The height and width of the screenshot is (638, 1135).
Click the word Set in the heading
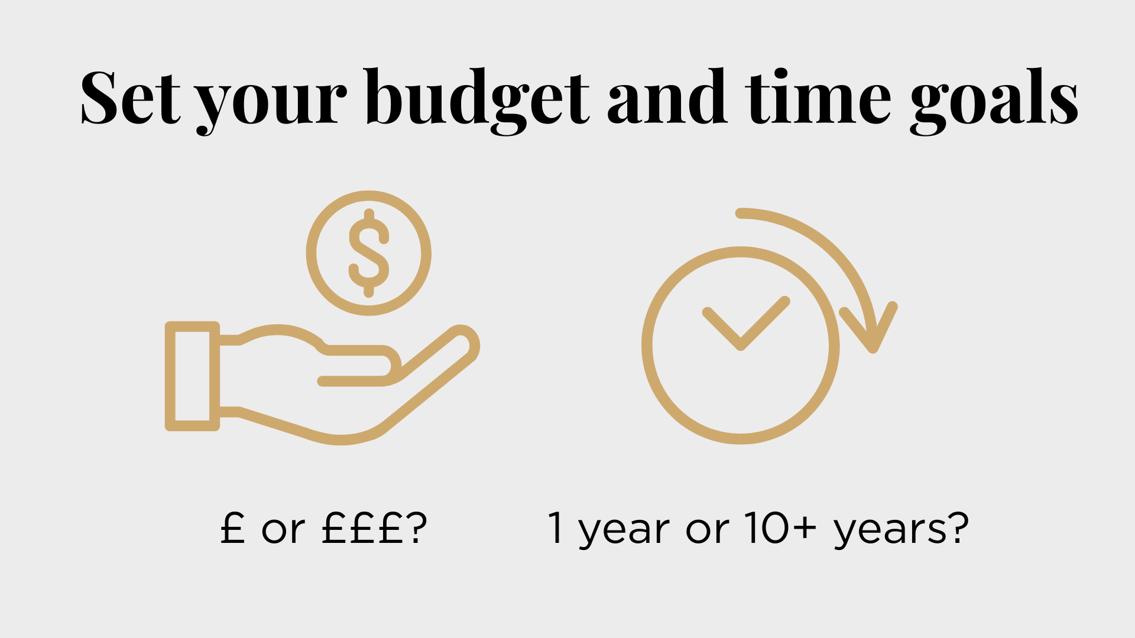[130, 97]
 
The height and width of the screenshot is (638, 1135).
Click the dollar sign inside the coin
[369, 253]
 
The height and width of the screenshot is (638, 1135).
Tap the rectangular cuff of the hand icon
[193, 376]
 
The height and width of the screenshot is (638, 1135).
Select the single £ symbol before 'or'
[232, 527]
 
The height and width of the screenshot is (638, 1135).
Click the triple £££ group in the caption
[361, 527]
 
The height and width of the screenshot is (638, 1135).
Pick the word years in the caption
[891, 531]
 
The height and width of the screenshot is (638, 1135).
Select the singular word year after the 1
[624, 531]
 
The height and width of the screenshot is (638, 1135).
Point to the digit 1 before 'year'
[555, 527]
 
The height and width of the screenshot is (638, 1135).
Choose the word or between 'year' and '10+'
[707, 531]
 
